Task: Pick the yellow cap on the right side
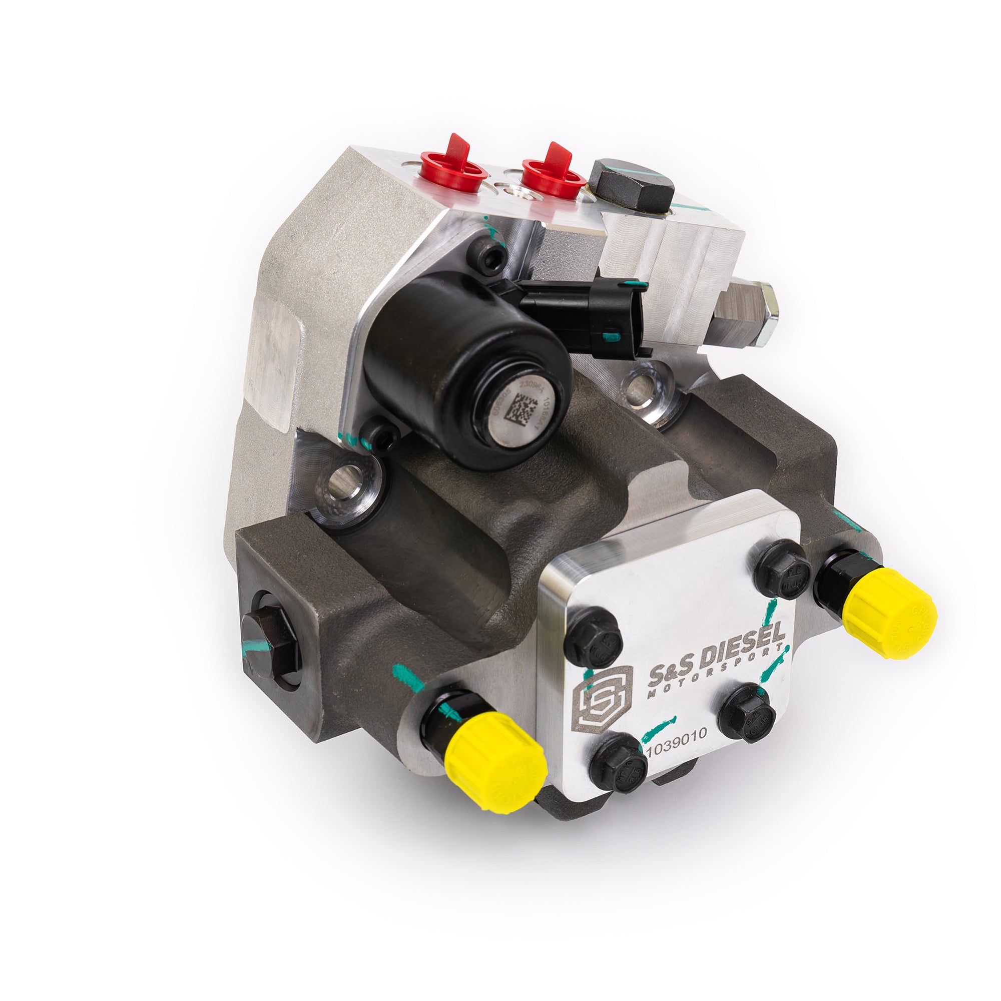(x=888, y=613)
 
